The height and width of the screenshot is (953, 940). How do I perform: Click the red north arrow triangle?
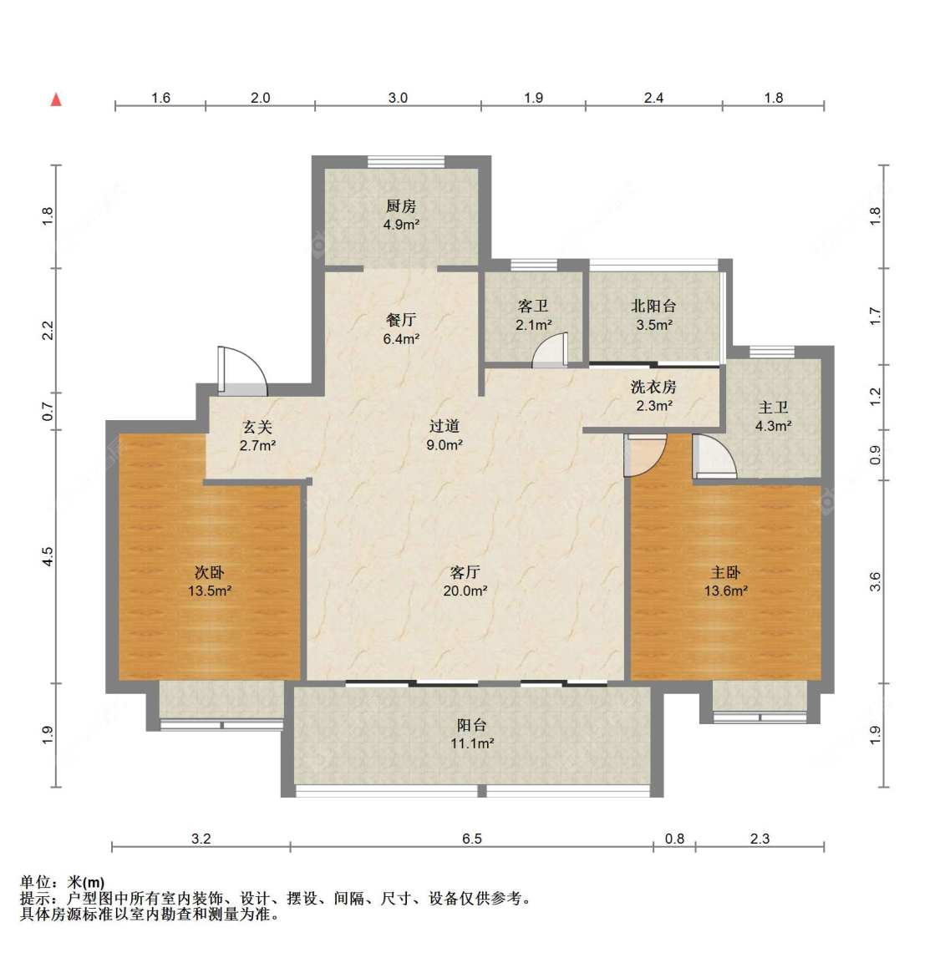[x=56, y=99]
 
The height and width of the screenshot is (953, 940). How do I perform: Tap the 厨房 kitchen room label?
[x=401, y=215]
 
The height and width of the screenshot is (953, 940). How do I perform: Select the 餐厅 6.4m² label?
[x=401, y=329]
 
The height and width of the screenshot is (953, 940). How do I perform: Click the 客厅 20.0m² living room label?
[x=465, y=581]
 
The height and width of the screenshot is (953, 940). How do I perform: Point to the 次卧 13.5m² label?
[x=210, y=581]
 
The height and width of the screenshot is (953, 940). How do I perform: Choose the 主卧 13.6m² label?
[x=726, y=581]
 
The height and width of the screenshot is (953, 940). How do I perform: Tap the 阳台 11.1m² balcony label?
[x=472, y=733]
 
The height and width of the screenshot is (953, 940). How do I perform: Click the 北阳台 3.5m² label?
[x=654, y=316]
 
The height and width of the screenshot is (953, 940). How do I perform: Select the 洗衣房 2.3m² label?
[x=654, y=396]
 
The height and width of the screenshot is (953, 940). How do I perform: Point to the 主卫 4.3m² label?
[x=774, y=416]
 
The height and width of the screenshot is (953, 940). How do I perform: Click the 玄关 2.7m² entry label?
[x=258, y=436]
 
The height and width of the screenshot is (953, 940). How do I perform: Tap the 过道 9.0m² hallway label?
[x=445, y=435]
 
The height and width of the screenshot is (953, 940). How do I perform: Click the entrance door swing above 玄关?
[x=242, y=372]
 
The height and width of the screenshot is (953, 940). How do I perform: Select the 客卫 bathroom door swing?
[x=550, y=350]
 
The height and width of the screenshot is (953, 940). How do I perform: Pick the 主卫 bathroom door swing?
[x=714, y=456]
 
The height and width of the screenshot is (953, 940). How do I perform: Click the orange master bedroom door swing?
[x=645, y=455]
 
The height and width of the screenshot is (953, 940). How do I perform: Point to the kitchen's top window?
[x=406, y=161]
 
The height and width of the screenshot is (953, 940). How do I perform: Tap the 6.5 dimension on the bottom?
[x=472, y=839]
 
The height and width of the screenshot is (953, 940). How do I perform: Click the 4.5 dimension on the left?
[x=48, y=557]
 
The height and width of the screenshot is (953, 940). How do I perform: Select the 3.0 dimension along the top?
[x=399, y=98]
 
